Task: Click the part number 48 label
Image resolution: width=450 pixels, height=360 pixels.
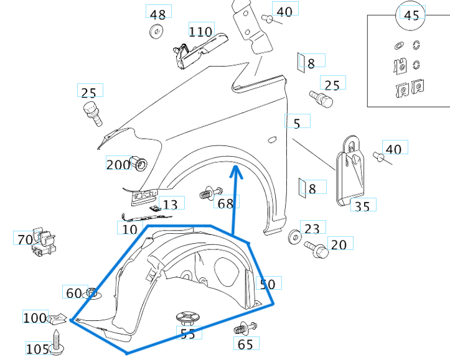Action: point(158,14)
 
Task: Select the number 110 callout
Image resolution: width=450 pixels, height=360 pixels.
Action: point(200,31)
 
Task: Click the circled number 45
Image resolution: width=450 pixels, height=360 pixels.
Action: point(411,15)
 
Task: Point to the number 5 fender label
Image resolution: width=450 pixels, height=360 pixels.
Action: point(297,123)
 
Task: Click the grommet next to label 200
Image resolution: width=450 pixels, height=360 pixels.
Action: point(140,164)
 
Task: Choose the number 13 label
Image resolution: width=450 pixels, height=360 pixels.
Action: point(170,205)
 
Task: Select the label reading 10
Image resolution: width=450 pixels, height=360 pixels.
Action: point(129,229)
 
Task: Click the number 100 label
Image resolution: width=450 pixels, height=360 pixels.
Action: point(35,318)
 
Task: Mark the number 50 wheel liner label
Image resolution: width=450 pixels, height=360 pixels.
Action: point(268,284)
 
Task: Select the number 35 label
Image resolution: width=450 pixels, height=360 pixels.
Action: point(362,206)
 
